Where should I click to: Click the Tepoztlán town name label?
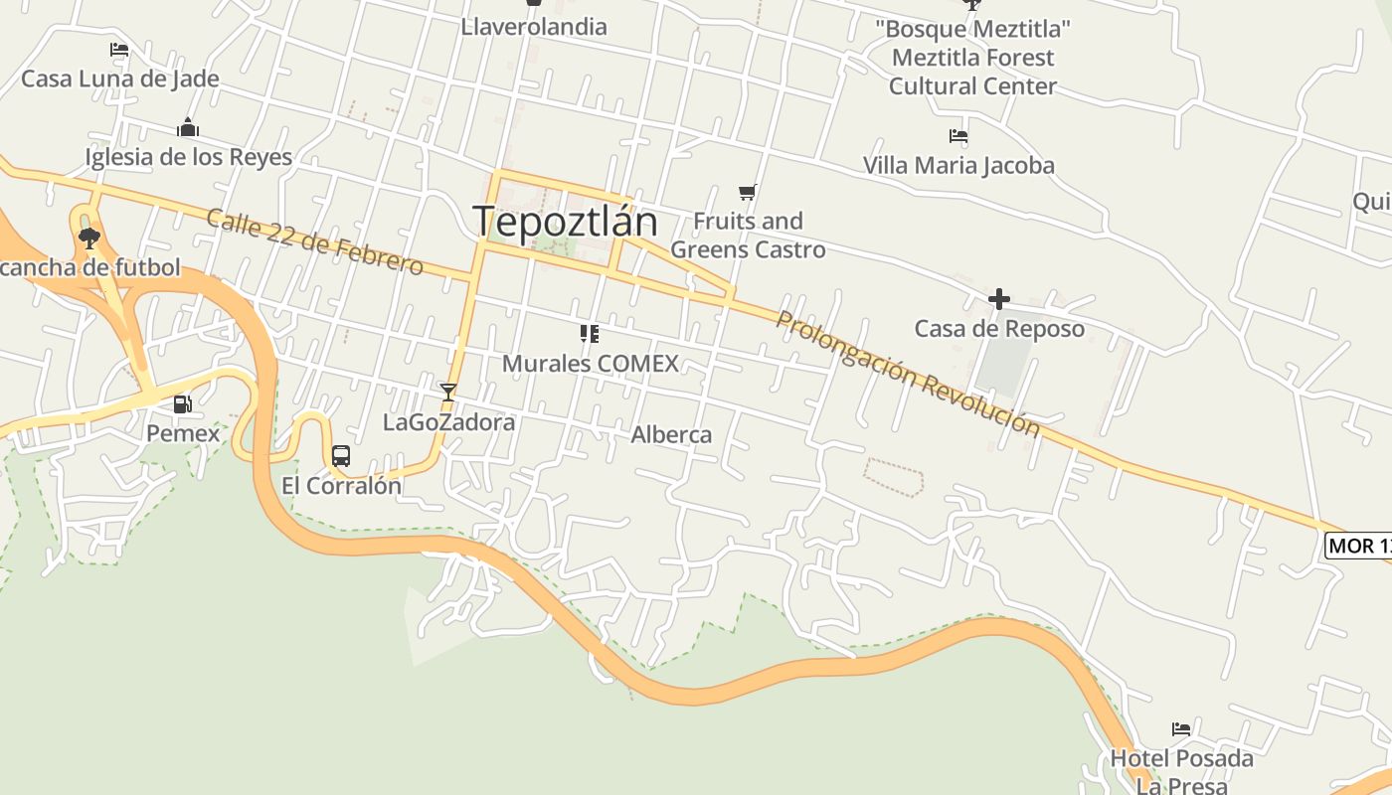coord(565,221)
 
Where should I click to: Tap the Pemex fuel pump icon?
coord(183,404)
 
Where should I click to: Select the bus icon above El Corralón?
coord(341,456)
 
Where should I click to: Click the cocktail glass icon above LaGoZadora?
coord(448,392)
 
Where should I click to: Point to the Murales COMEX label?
coord(590,364)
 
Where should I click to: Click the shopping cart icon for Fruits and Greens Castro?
coord(748,192)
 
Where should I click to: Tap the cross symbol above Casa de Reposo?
coord(999,299)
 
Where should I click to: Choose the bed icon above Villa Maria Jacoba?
coord(958,136)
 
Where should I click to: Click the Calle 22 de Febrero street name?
coord(314,242)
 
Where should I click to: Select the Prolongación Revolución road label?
coord(907,374)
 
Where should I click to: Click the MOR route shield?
coord(1359,546)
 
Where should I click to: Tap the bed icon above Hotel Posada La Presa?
coord(1181,729)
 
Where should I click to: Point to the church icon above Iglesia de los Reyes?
coord(188,128)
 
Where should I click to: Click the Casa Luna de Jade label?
coord(120,79)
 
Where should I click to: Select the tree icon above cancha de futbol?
coord(89,238)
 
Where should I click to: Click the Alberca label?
coord(671,434)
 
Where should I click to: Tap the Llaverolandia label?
coord(533,27)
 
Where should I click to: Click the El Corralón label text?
coord(341,486)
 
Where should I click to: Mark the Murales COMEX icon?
coord(590,334)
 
